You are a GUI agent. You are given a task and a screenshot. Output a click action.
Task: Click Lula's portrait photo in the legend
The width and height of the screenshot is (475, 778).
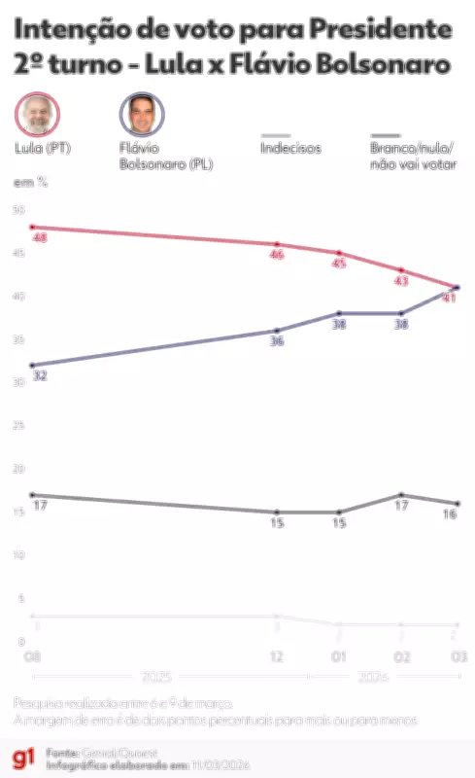click(x=38, y=114)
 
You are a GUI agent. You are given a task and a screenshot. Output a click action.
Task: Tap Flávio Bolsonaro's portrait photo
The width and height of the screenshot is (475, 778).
click(x=142, y=115)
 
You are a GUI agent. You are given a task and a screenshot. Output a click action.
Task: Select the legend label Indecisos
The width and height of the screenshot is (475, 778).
click(x=290, y=149)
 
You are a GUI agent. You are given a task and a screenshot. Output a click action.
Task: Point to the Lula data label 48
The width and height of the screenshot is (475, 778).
click(x=40, y=237)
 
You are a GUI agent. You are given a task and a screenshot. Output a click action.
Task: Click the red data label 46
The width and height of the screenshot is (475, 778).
click(x=277, y=255)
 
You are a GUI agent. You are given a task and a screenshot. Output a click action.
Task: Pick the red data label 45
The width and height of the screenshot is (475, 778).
click(x=339, y=264)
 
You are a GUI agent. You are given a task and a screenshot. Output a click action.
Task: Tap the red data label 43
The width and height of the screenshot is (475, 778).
click(x=400, y=281)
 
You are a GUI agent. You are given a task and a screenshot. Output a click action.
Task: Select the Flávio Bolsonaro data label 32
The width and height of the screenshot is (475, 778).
click(x=40, y=375)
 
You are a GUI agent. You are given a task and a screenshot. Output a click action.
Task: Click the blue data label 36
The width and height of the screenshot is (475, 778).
click(x=277, y=341)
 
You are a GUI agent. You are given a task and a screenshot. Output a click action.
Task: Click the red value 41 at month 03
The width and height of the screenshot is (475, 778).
click(x=449, y=299)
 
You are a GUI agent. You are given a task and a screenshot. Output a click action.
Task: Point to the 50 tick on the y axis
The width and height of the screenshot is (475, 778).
click(x=18, y=210)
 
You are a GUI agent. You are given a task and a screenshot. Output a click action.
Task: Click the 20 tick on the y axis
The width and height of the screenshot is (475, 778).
click(x=18, y=469)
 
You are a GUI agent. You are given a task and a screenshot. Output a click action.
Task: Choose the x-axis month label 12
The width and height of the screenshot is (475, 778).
click(x=277, y=657)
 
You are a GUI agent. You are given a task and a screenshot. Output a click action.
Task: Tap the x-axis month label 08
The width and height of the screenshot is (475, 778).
click(x=32, y=657)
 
